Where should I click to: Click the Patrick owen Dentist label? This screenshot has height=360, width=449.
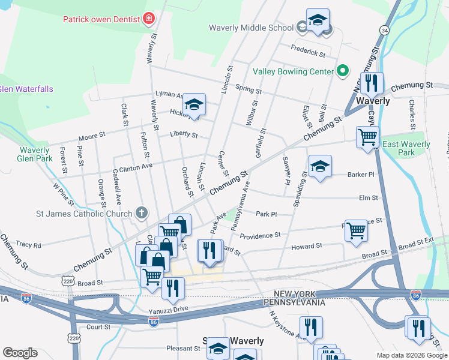click(x=101, y=19)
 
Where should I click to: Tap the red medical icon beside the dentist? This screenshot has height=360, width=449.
click(x=148, y=19)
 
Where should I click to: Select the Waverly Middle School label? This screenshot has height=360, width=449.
click(x=251, y=28)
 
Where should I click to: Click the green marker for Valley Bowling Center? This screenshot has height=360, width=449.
click(x=343, y=71)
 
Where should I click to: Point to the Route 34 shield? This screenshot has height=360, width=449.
click(x=384, y=29)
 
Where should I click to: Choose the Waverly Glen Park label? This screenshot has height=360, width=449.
click(x=34, y=154)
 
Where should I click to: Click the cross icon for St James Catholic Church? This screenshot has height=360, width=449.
click(x=141, y=212)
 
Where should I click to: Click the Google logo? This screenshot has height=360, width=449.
click(x=20, y=353)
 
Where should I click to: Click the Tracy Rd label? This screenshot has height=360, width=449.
click(x=29, y=245)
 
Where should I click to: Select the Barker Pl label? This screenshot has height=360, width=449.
click(x=361, y=175)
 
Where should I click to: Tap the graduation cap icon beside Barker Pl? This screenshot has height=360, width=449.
click(x=320, y=166)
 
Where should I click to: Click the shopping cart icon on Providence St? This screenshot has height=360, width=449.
click(x=356, y=229)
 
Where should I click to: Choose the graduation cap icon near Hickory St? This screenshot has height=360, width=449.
click(x=194, y=104)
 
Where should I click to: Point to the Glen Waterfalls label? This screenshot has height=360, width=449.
click(x=26, y=89)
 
